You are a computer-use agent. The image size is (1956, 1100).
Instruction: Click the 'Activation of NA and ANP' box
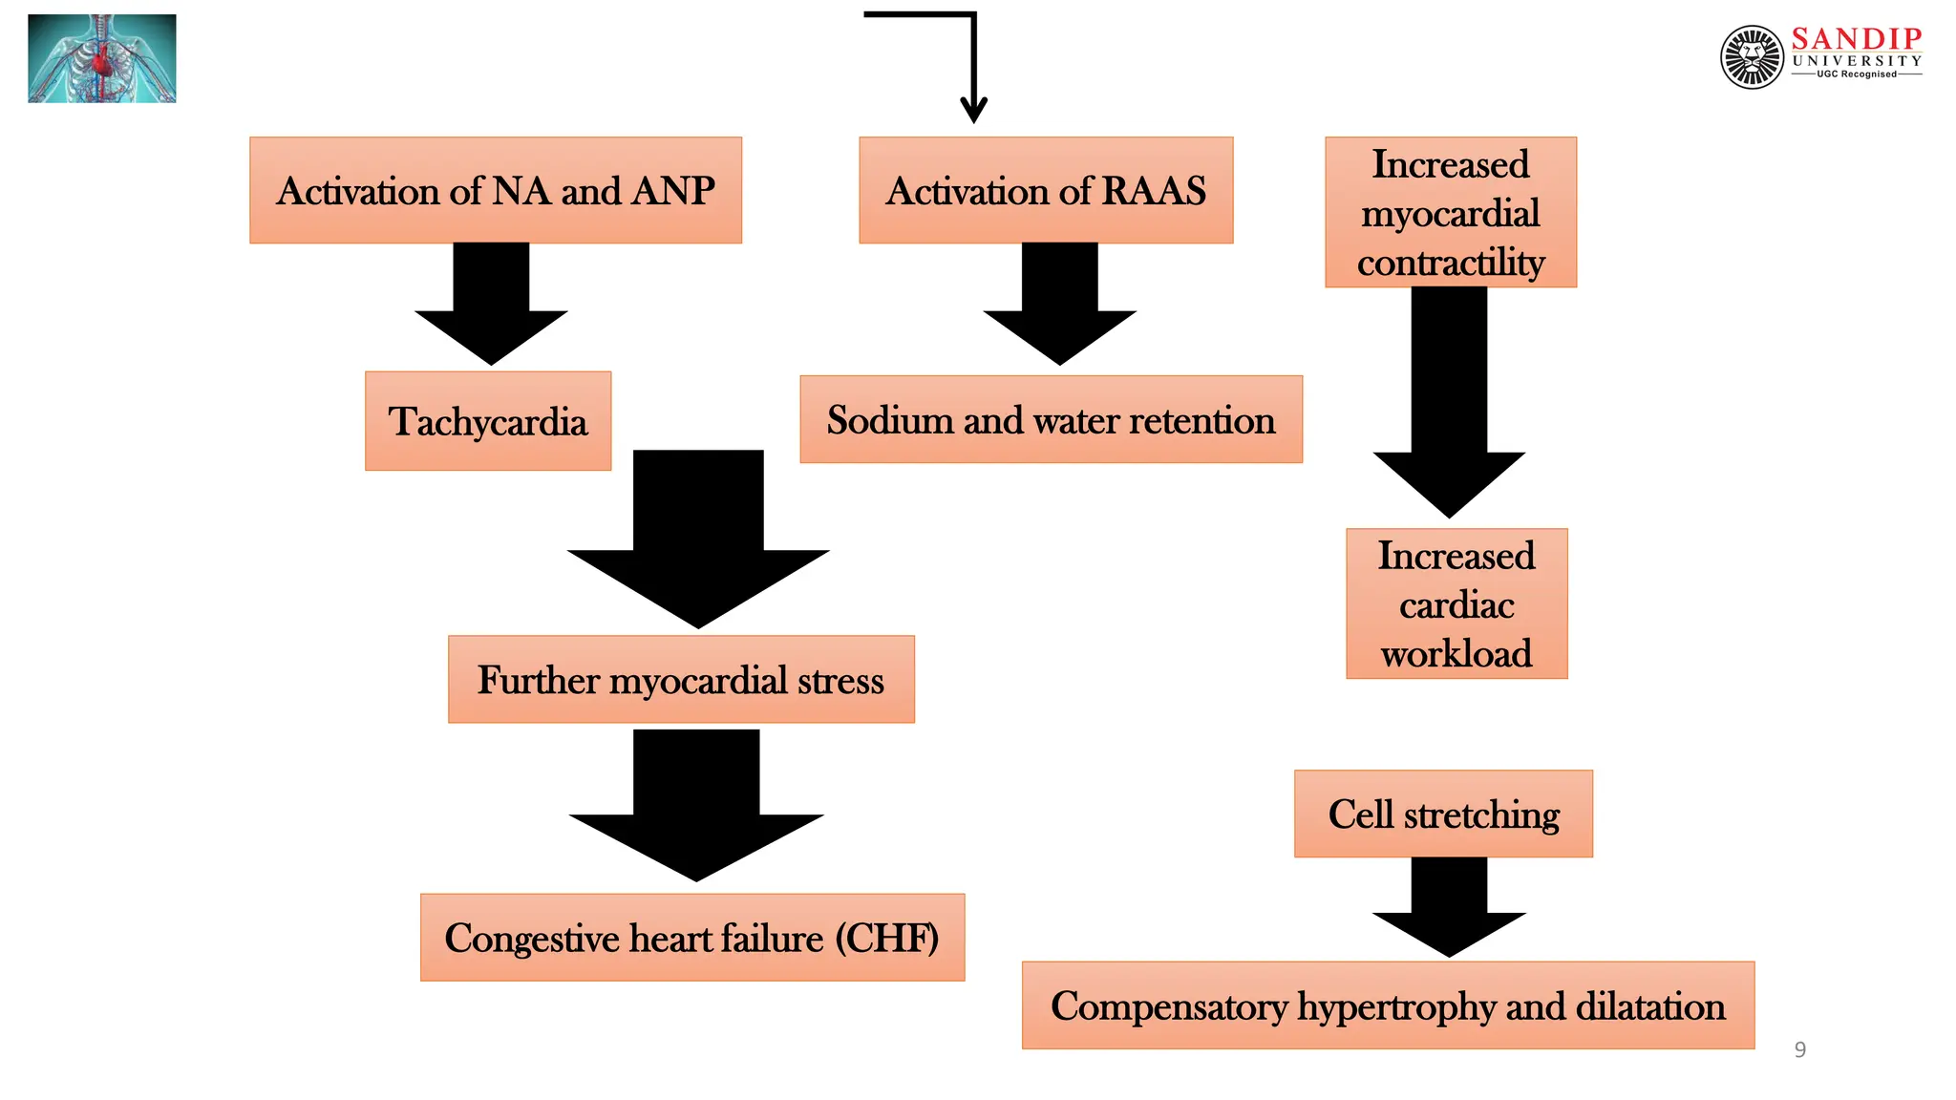click(495, 190)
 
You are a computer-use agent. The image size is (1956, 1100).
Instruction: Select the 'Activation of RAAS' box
click(1045, 190)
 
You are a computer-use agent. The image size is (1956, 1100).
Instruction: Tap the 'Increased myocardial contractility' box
click(1450, 212)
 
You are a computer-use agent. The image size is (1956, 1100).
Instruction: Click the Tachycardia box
click(487, 421)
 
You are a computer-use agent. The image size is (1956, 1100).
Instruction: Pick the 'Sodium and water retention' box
click(1051, 420)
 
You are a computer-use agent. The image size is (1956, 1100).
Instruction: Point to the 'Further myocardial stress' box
click(680, 680)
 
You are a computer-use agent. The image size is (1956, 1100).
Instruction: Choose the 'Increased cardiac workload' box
click(1456, 603)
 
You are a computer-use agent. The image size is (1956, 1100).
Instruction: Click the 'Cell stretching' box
click(1442, 814)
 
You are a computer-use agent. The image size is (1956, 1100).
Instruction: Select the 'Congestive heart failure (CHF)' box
click(691, 938)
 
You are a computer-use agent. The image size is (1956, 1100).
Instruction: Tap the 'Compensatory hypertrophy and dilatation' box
click(1387, 1005)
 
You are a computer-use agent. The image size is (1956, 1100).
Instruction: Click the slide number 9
click(1799, 1049)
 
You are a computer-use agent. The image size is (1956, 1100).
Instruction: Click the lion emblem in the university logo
click(1752, 57)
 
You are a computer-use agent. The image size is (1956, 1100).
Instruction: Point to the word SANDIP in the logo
click(1856, 38)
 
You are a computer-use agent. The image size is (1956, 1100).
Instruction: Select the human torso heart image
click(102, 58)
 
